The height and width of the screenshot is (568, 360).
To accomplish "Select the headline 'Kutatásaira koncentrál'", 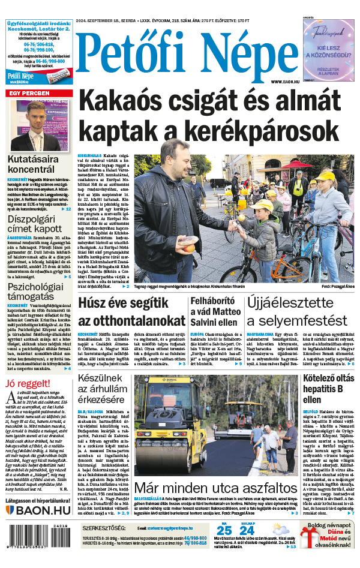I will [x=40, y=164].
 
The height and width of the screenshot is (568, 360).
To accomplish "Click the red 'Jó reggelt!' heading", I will [x=27, y=383].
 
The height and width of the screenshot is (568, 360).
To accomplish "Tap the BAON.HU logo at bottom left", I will [x=40, y=510].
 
